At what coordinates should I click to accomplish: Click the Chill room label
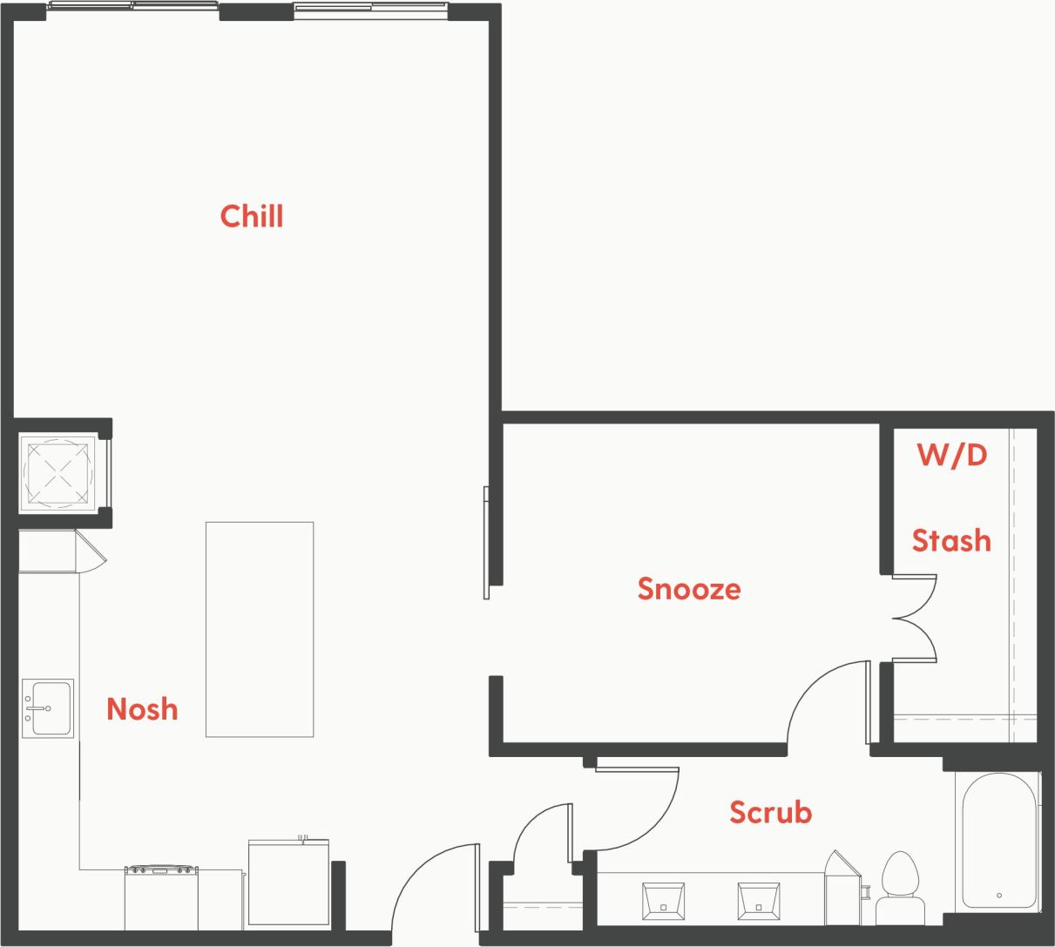pos(252,216)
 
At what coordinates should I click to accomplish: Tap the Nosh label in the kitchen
pos(142,709)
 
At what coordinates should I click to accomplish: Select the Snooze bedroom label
pos(689,589)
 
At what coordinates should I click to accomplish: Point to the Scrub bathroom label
pos(770,812)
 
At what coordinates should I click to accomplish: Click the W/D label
pos(951,455)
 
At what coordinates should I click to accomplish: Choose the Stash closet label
pos(951,541)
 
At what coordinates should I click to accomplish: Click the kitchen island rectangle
pos(260,629)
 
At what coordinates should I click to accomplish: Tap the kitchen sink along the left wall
pos(48,707)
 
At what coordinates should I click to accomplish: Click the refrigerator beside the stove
pos(288,882)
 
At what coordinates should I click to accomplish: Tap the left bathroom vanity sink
pos(663,901)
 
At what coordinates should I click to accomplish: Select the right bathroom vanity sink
pos(758,901)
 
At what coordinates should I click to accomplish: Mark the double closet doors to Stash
pos(915,619)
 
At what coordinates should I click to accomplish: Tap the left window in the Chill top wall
pos(133,5)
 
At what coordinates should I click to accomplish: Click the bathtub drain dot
pos(998,895)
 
